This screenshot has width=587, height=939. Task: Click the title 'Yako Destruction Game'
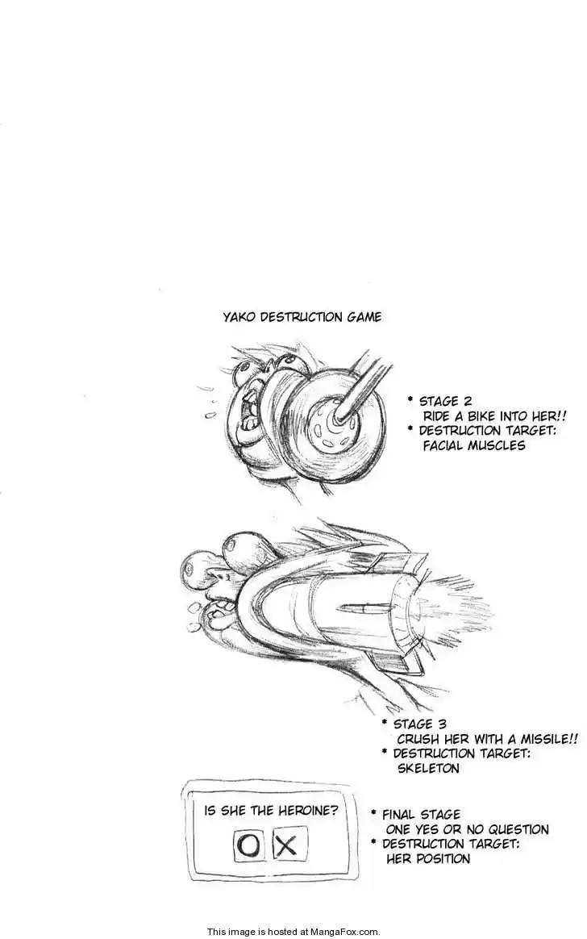pyautogui.click(x=302, y=317)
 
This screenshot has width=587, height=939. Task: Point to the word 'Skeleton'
pyautogui.click(x=428, y=768)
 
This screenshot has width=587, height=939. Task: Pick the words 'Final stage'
pyautogui.click(x=422, y=815)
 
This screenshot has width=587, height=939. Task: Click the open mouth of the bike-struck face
pyautogui.click(x=247, y=418)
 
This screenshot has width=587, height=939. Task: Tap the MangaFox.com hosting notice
pyautogui.click(x=293, y=931)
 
